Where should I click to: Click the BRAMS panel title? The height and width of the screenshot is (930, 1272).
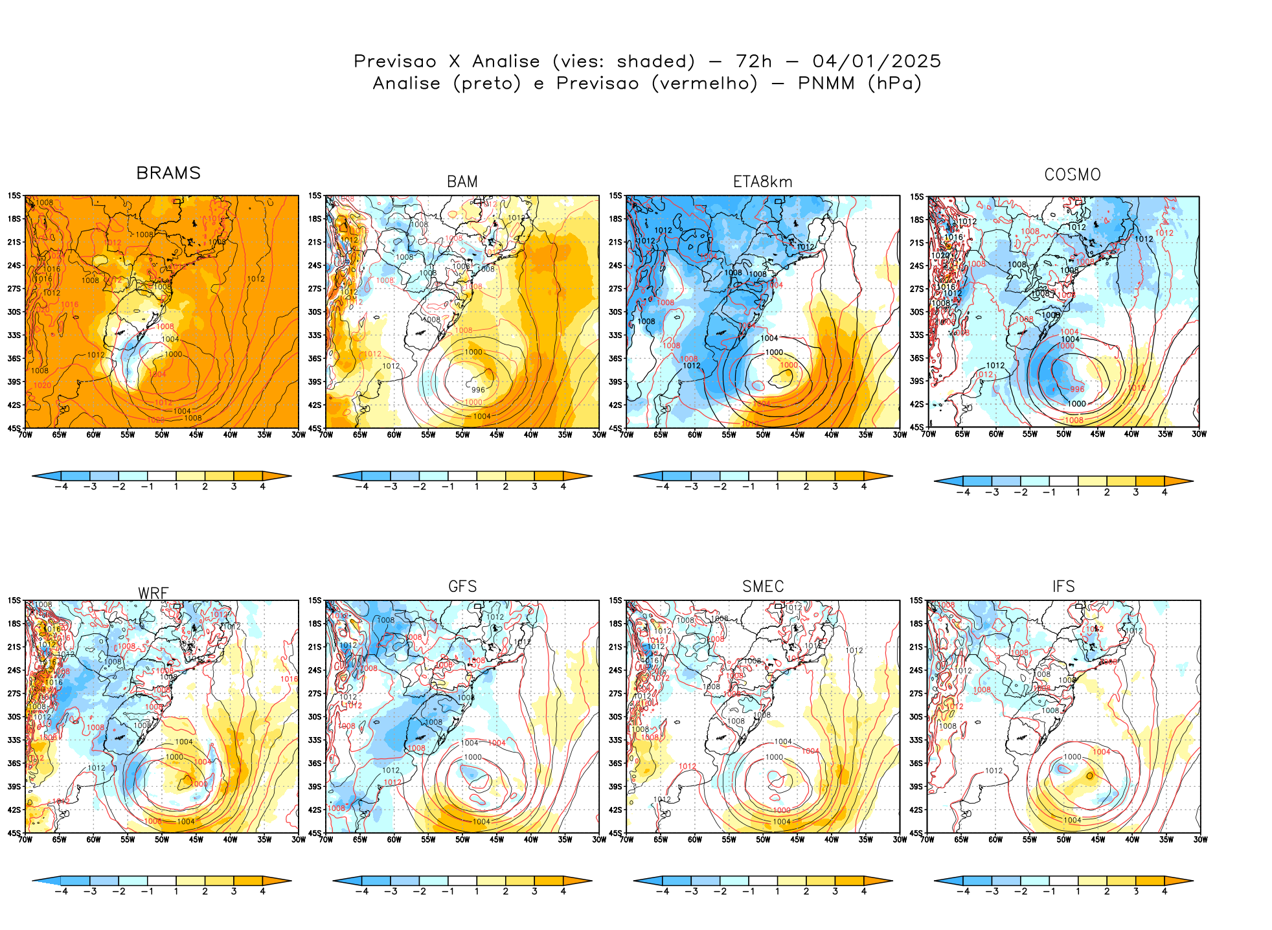168,173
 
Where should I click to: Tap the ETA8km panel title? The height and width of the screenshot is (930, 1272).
762,182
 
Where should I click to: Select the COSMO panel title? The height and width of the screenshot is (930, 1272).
1073,175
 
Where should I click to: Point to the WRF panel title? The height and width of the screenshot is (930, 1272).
153,593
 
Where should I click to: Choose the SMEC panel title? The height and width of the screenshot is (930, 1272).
763,587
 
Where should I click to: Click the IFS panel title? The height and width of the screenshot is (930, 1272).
1063,587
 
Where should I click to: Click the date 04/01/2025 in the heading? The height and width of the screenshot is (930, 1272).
876,62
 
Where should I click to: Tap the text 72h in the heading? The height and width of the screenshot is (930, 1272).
754,62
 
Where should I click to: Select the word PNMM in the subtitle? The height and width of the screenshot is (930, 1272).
826,84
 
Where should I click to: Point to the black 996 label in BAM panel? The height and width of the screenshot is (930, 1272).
478,390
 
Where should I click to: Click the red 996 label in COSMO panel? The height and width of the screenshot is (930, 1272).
1077,389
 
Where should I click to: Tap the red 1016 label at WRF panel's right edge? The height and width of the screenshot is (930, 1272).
289,679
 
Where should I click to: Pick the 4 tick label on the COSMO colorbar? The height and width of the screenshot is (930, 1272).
1164,492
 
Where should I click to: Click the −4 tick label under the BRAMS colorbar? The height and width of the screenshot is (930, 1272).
61,486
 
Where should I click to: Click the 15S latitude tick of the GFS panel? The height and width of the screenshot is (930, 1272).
315,600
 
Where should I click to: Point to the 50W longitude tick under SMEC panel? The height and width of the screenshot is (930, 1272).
763,839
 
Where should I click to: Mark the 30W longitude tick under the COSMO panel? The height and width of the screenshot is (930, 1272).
1199,434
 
